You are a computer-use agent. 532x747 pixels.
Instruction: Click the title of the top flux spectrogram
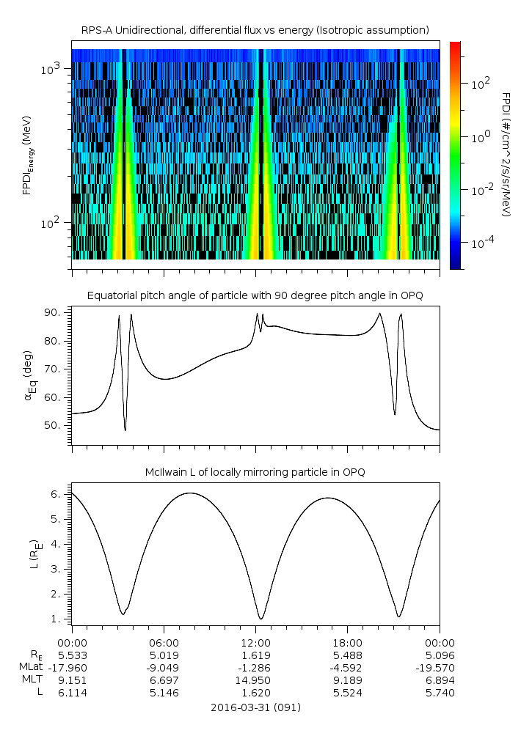coord(255,29)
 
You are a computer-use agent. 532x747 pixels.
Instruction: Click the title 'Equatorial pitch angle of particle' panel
coord(255,295)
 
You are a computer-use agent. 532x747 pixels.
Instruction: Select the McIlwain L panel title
coord(255,471)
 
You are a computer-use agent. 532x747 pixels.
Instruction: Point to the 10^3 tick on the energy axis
coord(54,69)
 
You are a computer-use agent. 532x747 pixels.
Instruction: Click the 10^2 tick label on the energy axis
coord(54,223)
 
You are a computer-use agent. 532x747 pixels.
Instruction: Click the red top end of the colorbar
coord(455,45)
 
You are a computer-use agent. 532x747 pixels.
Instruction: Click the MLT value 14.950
coord(255,680)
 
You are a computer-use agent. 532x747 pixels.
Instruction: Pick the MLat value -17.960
coord(72,667)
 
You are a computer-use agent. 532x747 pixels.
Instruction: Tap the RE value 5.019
coord(164,655)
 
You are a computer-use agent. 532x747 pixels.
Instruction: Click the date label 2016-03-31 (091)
coord(255,707)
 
